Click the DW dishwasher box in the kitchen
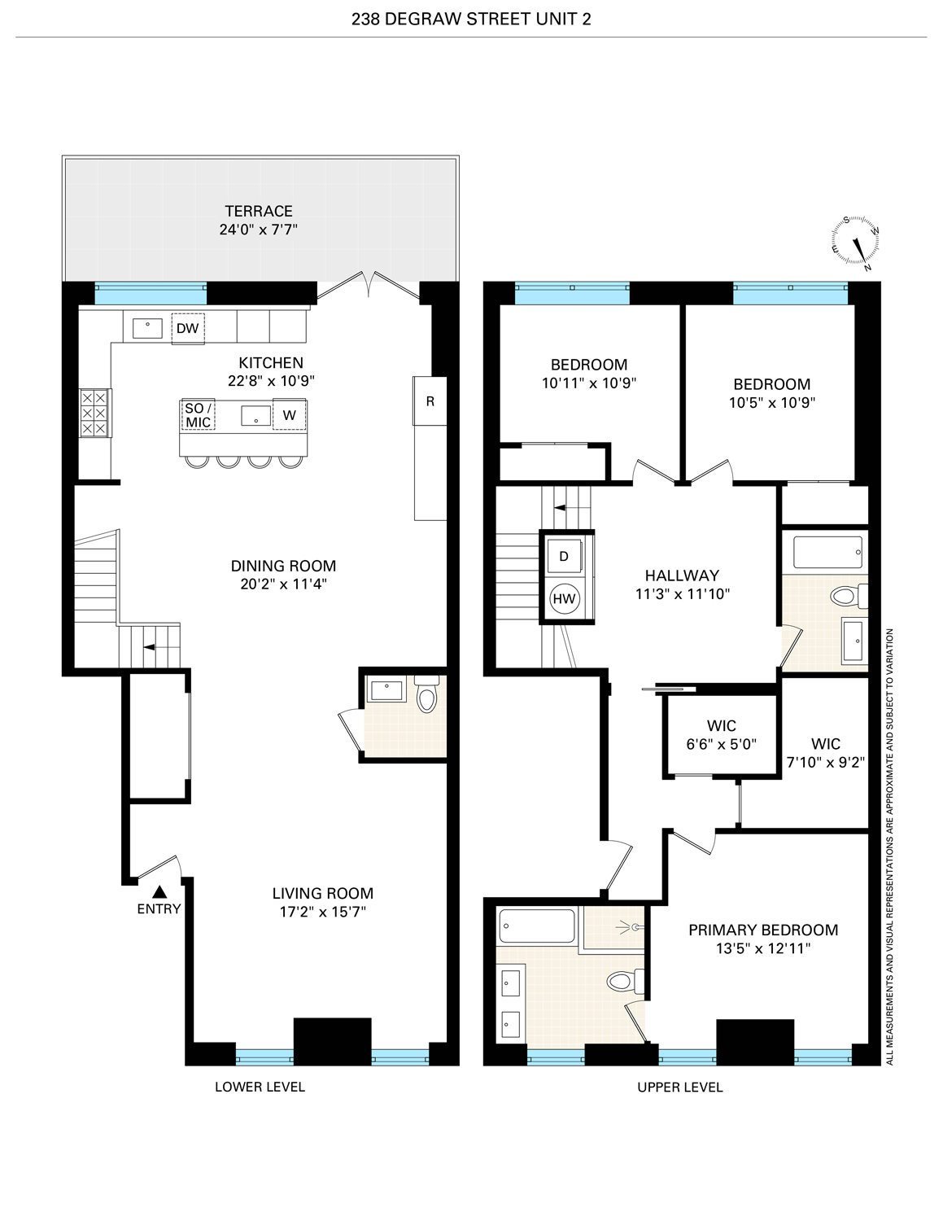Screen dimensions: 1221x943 pyautogui.click(x=187, y=329)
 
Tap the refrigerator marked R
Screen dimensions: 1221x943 pyautogui.click(x=430, y=400)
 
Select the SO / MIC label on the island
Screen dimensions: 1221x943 pyautogui.click(x=199, y=415)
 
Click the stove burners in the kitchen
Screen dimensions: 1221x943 pyautogui.click(x=94, y=413)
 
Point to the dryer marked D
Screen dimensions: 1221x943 pyautogui.click(x=564, y=557)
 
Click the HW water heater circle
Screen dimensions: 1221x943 pyautogui.click(x=564, y=599)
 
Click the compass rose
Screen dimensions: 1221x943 pyautogui.click(x=855, y=243)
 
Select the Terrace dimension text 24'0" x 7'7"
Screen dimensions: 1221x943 pyautogui.click(x=258, y=230)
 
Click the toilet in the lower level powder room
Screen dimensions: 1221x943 pyautogui.click(x=426, y=697)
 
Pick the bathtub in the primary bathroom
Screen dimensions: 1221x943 pyautogui.click(x=537, y=926)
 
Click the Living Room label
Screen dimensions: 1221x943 pyautogui.click(x=323, y=893)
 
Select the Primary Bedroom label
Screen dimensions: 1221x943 pyautogui.click(x=762, y=930)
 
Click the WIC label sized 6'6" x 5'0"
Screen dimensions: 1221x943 pyautogui.click(x=721, y=725)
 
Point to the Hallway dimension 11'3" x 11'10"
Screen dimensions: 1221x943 pyautogui.click(x=682, y=594)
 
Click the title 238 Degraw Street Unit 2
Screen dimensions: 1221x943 pyautogui.click(x=471, y=19)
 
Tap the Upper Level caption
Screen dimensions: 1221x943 pyautogui.click(x=679, y=1087)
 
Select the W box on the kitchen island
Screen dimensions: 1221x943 pyautogui.click(x=289, y=415)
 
